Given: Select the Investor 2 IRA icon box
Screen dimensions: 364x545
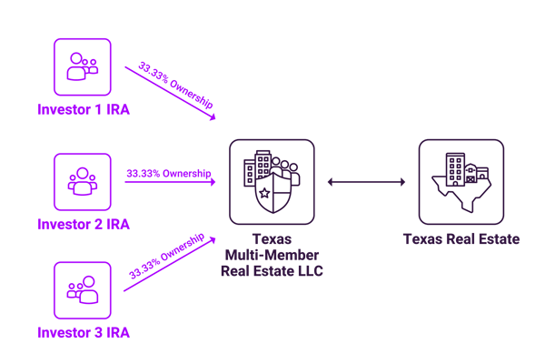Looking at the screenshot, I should (82, 181).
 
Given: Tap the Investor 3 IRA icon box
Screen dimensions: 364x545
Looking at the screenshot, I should (82, 289).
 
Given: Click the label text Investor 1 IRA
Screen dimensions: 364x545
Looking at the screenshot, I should (83, 109).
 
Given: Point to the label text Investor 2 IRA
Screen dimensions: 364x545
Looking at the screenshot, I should (83, 224).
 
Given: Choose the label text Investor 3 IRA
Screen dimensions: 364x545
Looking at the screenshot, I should (83, 333).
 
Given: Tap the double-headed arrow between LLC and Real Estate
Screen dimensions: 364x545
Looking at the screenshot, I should (366, 182).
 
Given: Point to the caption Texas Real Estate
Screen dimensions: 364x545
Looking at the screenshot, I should (461, 239).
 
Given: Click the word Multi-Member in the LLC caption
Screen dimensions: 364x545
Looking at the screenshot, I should (272, 255).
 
